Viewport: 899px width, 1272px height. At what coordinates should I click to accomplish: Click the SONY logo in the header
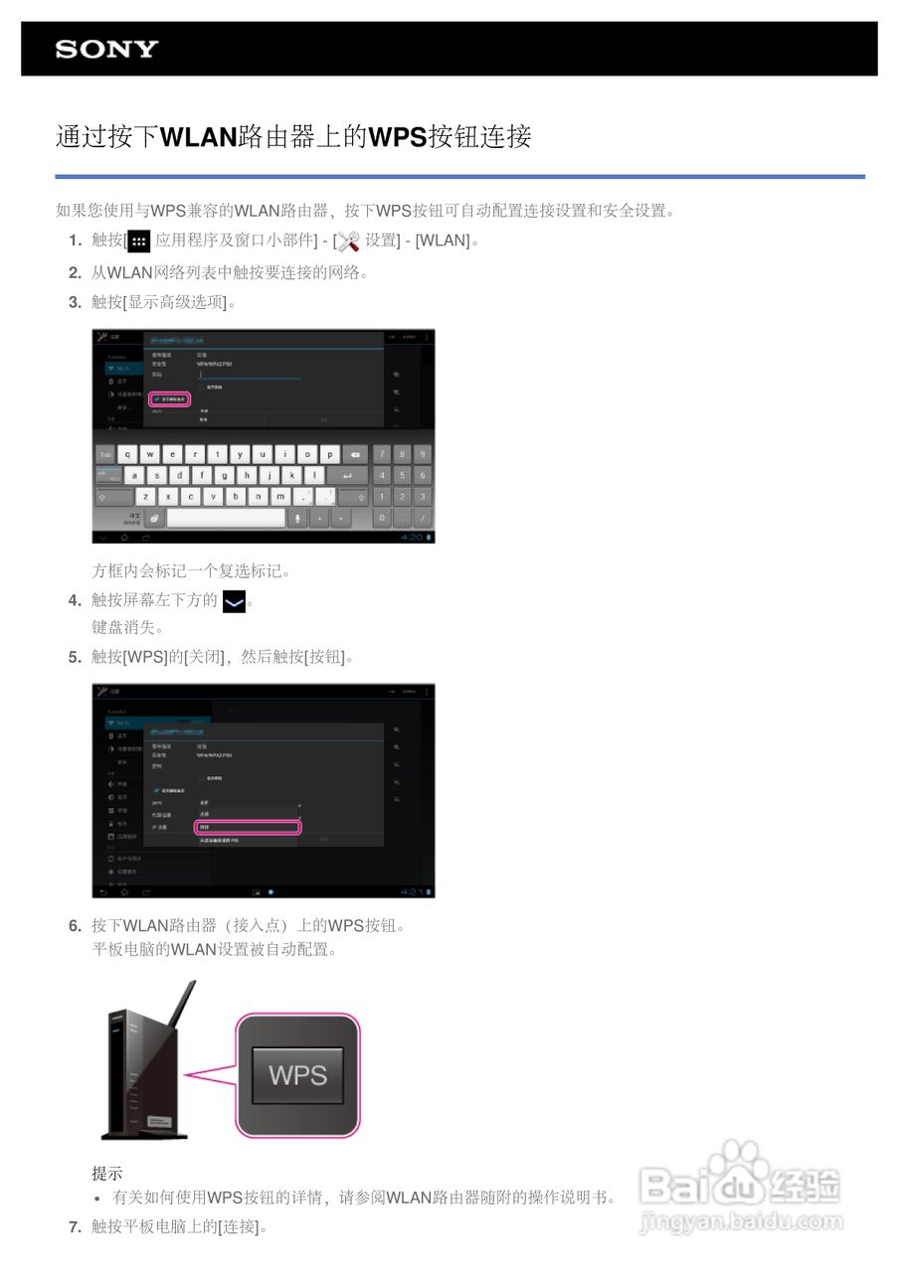(x=106, y=50)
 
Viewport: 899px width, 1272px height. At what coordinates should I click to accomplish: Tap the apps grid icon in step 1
(x=139, y=241)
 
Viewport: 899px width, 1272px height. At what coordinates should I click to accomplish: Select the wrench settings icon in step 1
(x=347, y=241)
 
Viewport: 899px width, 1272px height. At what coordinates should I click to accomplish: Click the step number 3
(x=75, y=302)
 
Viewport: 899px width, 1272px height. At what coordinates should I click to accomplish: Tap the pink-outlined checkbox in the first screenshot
(x=169, y=398)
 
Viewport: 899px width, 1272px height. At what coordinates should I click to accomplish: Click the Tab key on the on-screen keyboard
(x=106, y=454)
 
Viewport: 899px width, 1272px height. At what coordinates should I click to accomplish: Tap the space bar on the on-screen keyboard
(x=226, y=518)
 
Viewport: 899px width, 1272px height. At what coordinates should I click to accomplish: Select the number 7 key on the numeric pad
(x=381, y=454)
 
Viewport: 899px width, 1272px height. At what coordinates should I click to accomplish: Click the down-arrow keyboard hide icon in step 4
(x=234, y=601)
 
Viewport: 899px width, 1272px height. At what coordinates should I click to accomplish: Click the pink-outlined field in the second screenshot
(x=247, y=827)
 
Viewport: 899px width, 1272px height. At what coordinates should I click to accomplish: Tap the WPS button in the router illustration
(x=297, y=1074)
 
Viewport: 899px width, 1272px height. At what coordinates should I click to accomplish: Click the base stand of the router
(x=144, y=1134)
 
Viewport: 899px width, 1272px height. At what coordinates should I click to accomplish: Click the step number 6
(x=75, y=926)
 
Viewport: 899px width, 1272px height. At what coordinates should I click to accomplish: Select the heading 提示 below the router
(x=107, y=1174)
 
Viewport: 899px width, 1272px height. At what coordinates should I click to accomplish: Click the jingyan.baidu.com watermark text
(x=741, y=1221)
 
